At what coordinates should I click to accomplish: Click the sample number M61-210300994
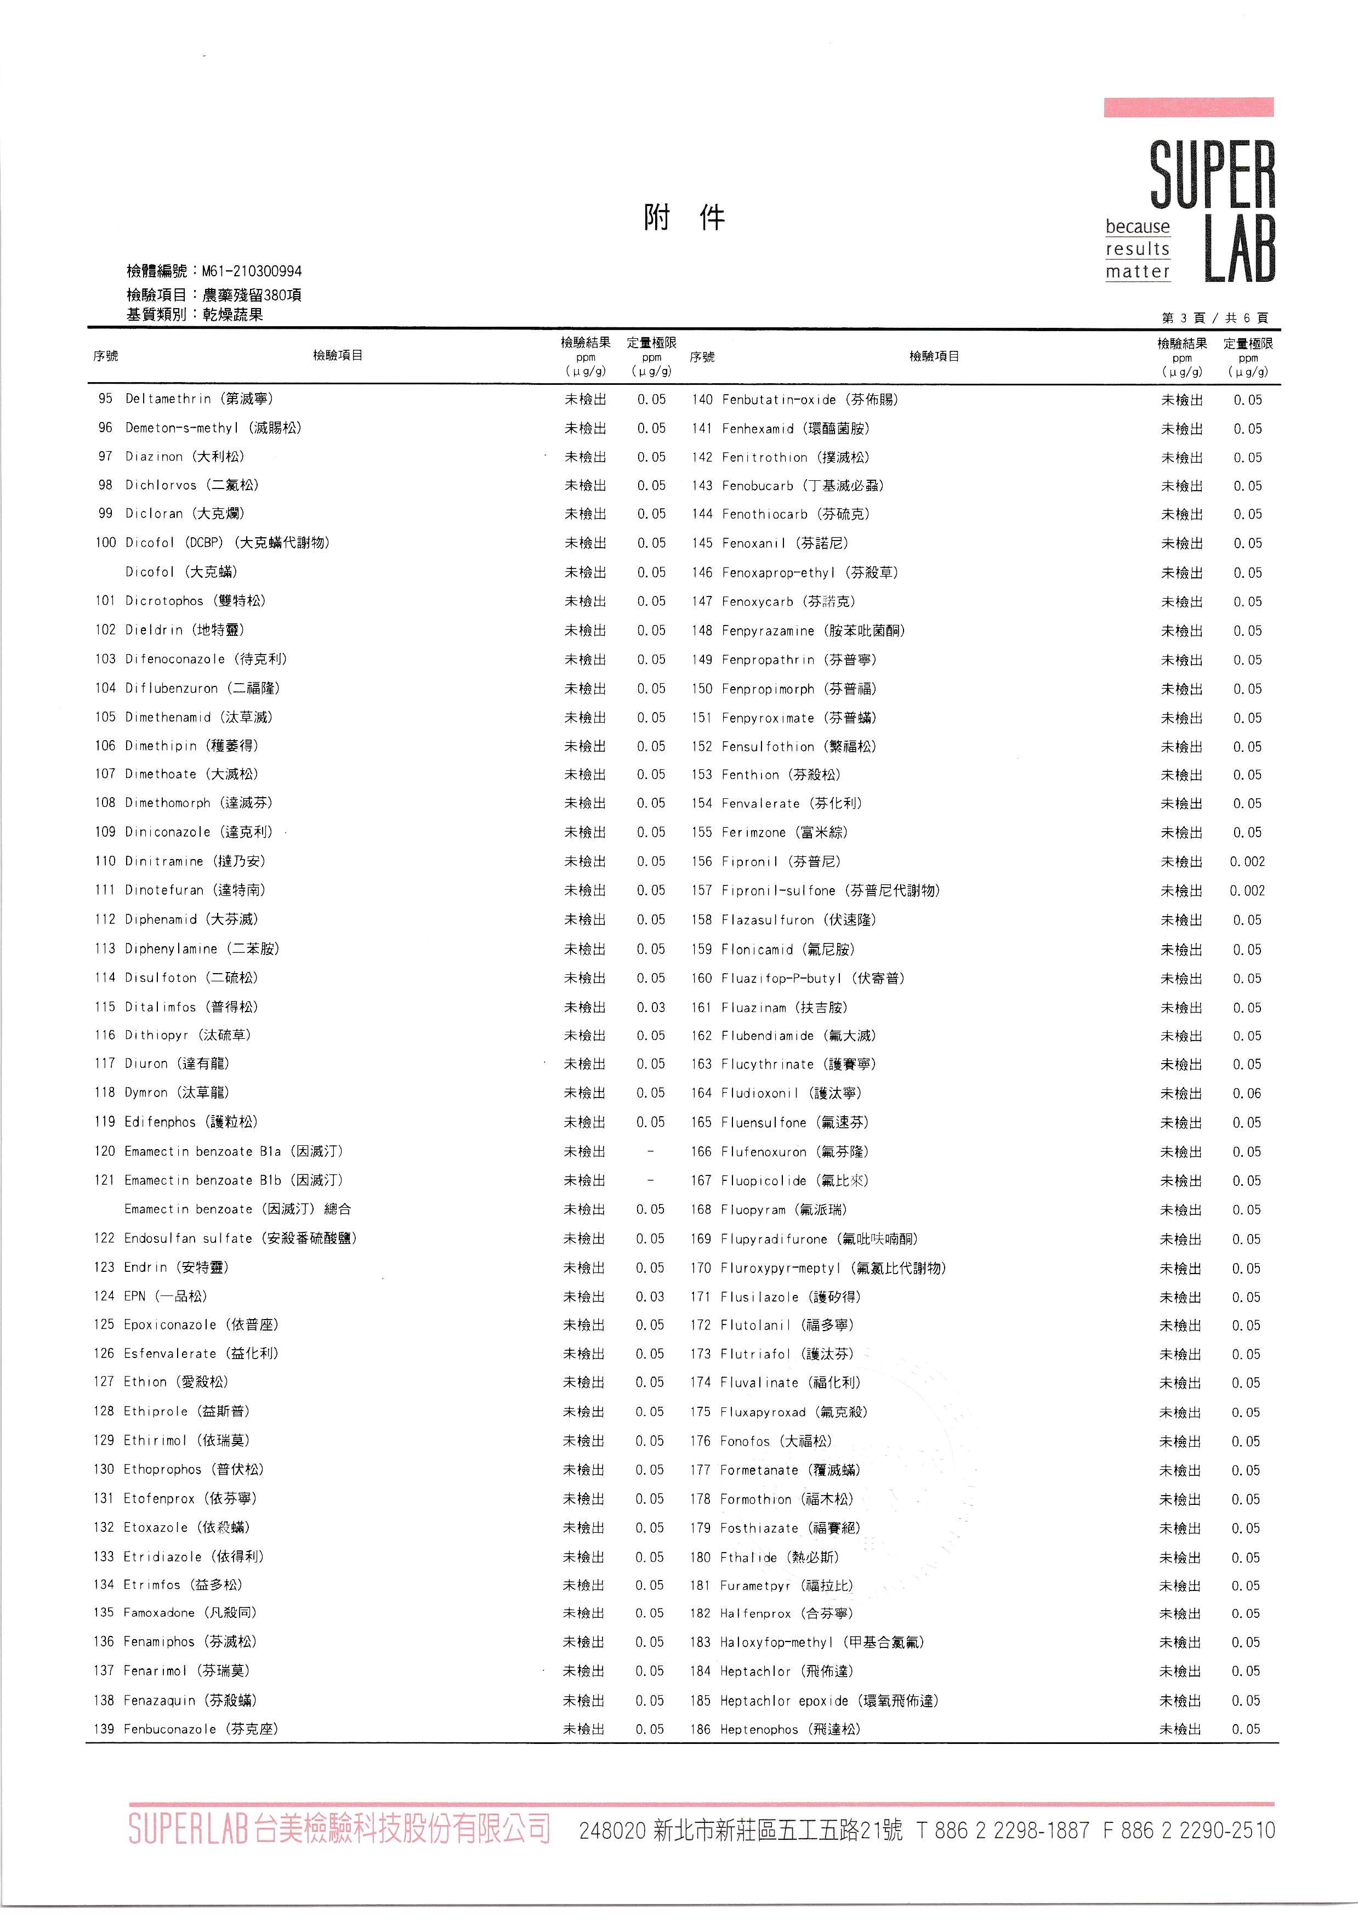point(251,271)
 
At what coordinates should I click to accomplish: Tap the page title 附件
point(684,218)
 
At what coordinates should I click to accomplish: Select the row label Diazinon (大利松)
point(185,457)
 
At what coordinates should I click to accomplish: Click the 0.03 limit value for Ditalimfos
point(651,1007)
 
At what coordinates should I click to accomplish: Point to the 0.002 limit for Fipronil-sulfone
point(1247,891)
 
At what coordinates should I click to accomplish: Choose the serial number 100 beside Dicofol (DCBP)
point(105,543)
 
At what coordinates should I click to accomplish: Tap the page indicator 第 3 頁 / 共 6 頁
point(1214,318)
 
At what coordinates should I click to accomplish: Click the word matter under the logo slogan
point(1137,272)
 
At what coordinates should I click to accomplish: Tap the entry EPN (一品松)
point(165,1296)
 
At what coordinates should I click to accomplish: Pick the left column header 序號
point(105,356)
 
